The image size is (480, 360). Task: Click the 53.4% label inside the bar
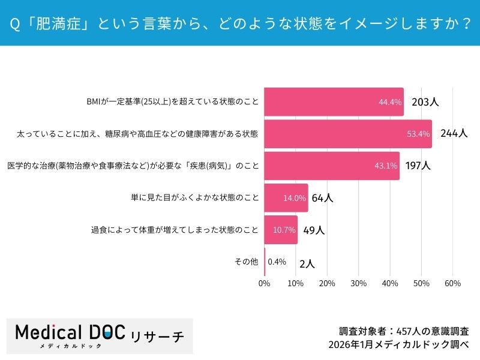[x=418, y=134]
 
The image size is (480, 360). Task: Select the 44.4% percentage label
[x=390, y=102]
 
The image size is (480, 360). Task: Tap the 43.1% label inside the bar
[x=386, y=166]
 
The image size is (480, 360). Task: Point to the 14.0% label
[x=295, y=198]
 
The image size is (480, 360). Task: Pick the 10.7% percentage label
[x=284, y=230]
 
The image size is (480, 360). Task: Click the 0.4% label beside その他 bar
[x=277, y=262]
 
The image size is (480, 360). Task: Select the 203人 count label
[x=425, y=102]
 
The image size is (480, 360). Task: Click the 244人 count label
[x=454, y=134]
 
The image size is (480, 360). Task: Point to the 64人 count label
[x=322, y=198]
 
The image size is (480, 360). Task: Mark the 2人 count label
[x=307, y=263]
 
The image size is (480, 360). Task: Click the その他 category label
[x=246, y=262]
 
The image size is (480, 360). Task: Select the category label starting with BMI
[x=173, y=102]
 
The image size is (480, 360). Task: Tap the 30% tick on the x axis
[x=358, y=283]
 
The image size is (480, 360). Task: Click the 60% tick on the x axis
[x=453, y=283]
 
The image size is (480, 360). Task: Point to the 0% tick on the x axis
[x=264, y=283]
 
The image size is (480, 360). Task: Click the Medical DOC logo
[x=100, y=335]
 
